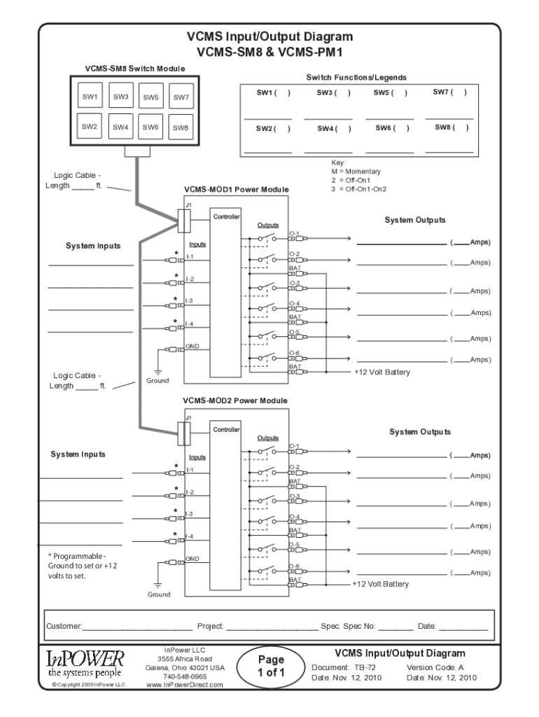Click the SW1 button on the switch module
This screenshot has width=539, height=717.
[90, 97]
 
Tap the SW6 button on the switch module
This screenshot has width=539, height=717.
[150, 127]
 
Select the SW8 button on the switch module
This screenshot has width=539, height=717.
[181, 127]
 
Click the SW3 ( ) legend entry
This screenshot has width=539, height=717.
[333, 92]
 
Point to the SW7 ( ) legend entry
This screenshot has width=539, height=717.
[449, 92]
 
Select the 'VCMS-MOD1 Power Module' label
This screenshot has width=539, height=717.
[236, 189]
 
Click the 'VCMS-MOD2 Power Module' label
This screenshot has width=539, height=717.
[236, 401]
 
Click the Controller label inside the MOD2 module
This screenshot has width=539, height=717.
[226, 429]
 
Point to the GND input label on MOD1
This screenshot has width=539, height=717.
[192, 347]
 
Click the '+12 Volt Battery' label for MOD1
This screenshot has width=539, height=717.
[382, 372]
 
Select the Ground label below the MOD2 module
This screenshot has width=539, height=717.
[158, 594]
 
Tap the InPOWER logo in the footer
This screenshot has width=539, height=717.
[85, 663]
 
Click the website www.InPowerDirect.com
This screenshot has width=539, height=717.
[185, 685]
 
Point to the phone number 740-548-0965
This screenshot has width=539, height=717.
[185, 677]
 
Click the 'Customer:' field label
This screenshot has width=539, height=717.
[64, 625]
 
